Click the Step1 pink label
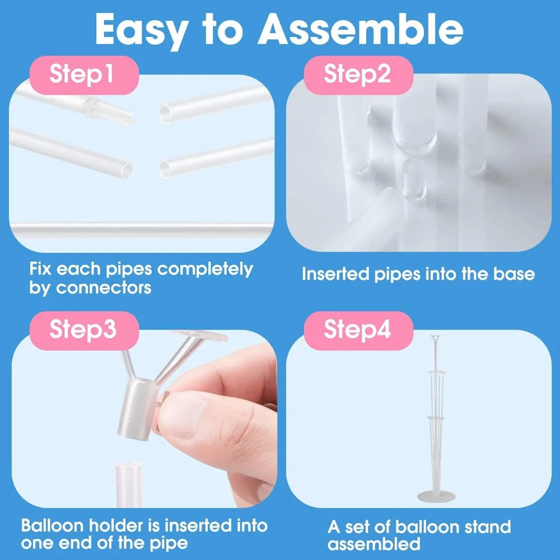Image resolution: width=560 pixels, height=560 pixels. pyautogui.click(x=82, y=74)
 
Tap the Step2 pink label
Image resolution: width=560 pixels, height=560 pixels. pyautogui.click(x=357, y=74)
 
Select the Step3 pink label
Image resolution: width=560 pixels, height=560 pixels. pyautogui.click(x=82, y=330)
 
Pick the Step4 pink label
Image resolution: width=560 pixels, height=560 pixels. pyautogui.click(x=357, y=330)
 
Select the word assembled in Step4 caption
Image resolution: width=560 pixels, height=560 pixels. pyautogui.click(x=374, y=544)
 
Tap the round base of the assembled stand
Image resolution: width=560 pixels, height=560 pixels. pyautogui.click(x=435, y=496)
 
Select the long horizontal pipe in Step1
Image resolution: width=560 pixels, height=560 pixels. pyautogui.click(x=140, y=228)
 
